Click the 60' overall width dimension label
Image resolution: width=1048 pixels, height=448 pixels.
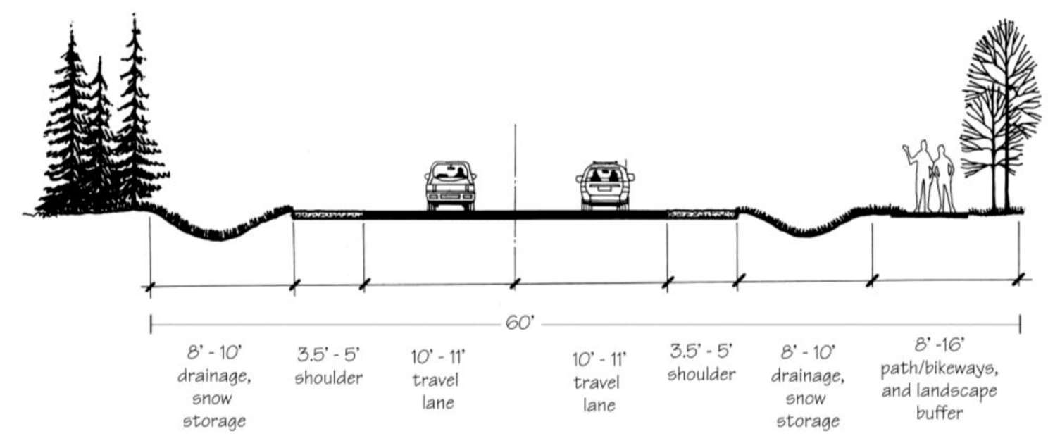tap(520, 325)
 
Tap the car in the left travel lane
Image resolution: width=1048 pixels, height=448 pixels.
tap(450, 185)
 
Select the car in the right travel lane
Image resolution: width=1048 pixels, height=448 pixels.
tap(605, 185)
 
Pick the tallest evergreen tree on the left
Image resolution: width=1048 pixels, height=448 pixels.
tap(136, 120)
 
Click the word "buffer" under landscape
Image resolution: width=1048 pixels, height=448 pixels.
tap(939, 413)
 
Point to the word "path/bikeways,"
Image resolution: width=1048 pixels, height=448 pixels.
tap(939, 370)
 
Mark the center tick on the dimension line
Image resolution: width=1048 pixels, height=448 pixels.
tap(515, 283)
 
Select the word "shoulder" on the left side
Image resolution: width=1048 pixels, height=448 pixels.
tap(328, 378)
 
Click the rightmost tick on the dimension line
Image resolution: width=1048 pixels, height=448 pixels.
tap(1018, 280)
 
